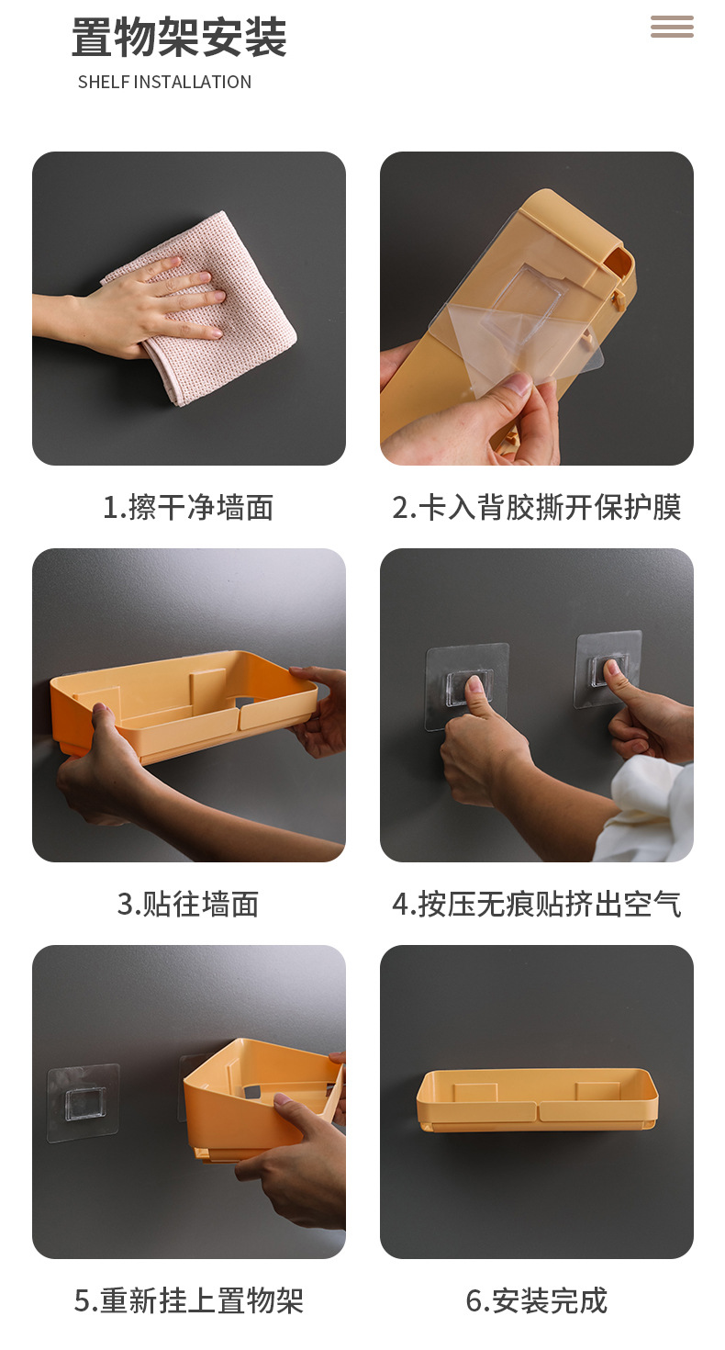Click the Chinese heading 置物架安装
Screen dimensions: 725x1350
[179, 38]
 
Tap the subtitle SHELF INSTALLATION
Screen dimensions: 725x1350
[164, 82]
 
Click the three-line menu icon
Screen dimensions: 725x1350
[672, 28]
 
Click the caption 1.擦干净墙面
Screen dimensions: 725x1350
[188, 507]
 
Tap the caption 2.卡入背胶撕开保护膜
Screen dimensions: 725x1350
[537, 507]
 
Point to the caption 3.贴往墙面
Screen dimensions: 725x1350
[188, 904]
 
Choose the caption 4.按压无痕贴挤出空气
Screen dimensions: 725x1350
[537, 904]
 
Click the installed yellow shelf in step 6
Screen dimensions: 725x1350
[537, 1100]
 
